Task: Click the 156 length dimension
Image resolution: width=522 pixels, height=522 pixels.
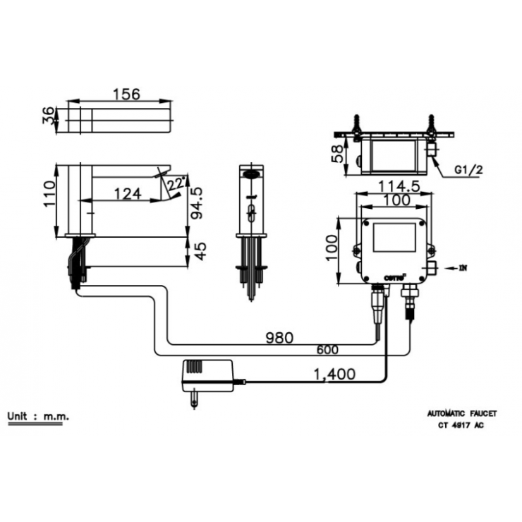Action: pos(126,94)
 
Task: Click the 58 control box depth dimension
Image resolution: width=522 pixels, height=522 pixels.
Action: pos(339,152)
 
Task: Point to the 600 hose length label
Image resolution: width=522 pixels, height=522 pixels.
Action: pos(327,349)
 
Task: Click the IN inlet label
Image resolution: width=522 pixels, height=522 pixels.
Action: pos(463,267)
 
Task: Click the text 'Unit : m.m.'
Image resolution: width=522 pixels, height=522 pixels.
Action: pos(38,416)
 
